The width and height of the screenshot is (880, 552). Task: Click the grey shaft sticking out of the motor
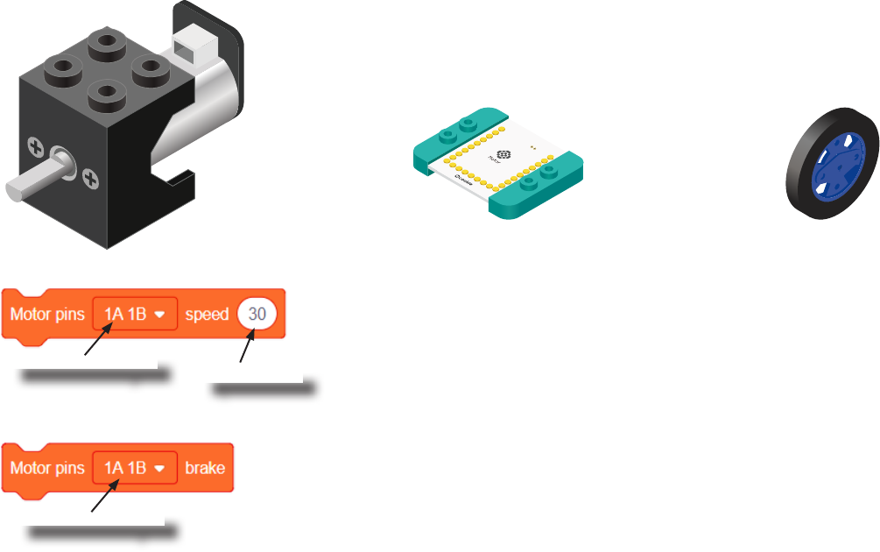point(31,185)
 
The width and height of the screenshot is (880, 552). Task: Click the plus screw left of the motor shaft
point(36,145)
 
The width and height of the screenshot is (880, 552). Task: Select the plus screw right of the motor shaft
point(89,180)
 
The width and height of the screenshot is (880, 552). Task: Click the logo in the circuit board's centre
point(503,156)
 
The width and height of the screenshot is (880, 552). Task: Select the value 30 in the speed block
point(257,314)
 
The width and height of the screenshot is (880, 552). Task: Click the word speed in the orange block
point(207,314)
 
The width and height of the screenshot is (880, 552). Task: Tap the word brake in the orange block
point(205,468)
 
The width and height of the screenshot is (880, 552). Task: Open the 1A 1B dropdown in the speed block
point(135,314)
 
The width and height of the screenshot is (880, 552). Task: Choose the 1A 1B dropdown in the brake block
point(135,468)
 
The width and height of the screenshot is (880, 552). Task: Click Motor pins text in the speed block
point(46,314)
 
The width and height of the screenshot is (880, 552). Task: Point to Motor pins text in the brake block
point(46,468)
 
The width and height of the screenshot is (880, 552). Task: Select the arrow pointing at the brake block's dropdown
point(105,499)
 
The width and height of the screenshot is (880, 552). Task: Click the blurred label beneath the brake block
point(102,530)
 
